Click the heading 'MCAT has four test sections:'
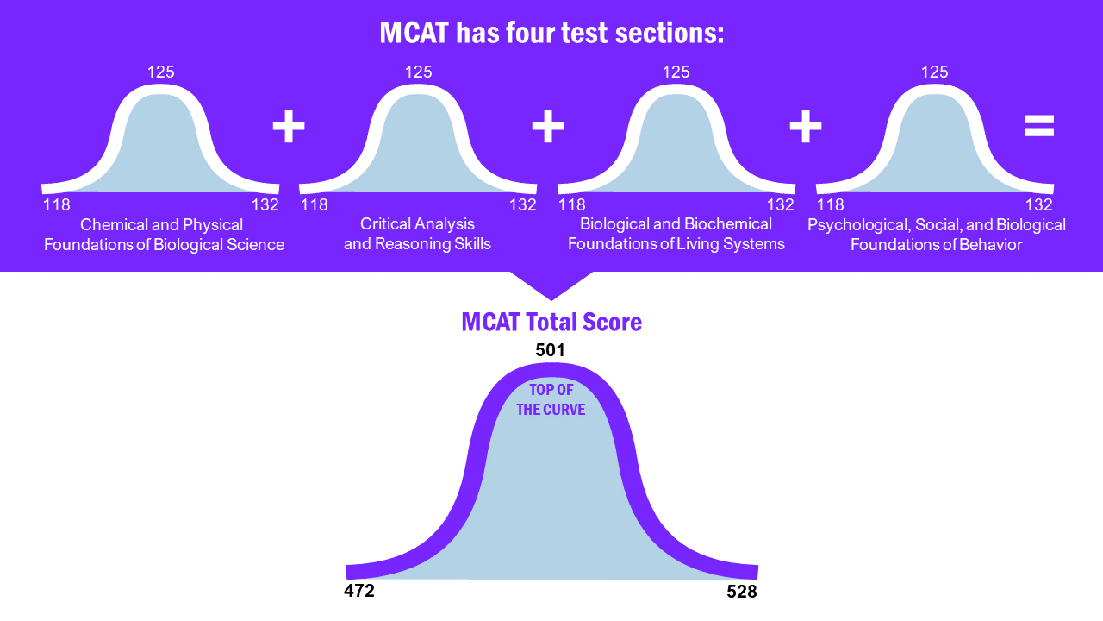pyautogui.click(x=551, y=33)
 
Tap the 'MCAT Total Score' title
pyautogui.click(x=551, y=322)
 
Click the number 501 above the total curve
pyautogui.click(x=550, y=350)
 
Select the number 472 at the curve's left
pyautogui.click(x=359, y=591)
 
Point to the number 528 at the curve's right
pyautogui.click(x=741, y=592)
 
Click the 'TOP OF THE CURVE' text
pyautogui.click(x=551, y=400)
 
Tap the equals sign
pyautogui.click(x=1038, y=127)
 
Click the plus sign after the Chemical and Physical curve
pyautogui.click(x=289, y=127)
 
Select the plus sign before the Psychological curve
pyautogui.click(x=805, y=127)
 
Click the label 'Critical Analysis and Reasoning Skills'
pyautogui.click(x=418, y=234)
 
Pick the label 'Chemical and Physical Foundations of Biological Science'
pyautogui.click(x=164, y=235)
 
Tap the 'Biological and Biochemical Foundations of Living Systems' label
pyautogui.click(x=676, y=234)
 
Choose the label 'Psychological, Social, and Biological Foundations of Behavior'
pyautogui.click(x=937, y=235)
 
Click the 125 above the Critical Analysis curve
pyautogui.click(x=419, y=72)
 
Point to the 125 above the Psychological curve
pyautogui.click(x=935, y=72)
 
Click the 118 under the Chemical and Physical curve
pyautogui.click(x=57, y=205)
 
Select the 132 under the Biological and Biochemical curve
pyautogui.click(x=781, y=205)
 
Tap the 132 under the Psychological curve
pyautogui.click(x=1039, y=205)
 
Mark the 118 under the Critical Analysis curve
pyautogui.click(x=315, y=205)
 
